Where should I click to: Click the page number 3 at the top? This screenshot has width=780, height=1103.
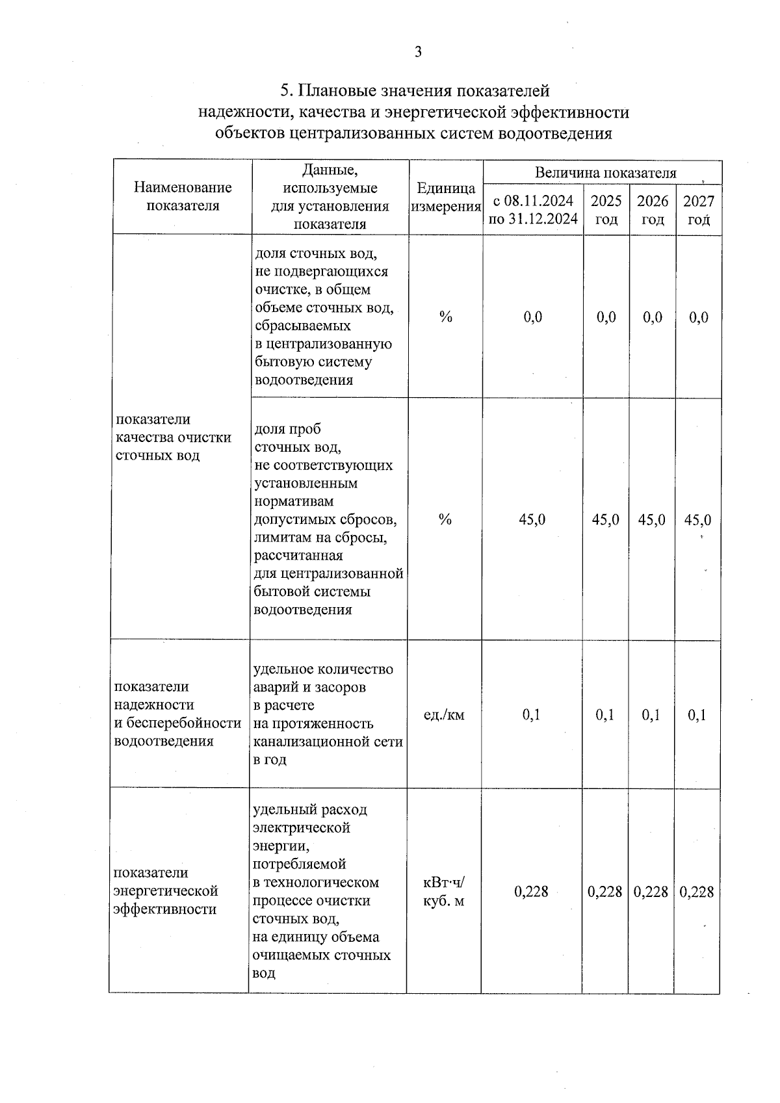[418, 52]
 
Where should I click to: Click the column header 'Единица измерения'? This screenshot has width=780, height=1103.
[446, 197]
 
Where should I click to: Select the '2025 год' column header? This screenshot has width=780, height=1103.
[606, 210]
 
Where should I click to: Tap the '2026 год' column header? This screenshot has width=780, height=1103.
[653, 210]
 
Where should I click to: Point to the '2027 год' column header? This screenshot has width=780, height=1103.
[699, 210]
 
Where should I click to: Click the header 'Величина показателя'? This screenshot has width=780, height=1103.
[605, 173]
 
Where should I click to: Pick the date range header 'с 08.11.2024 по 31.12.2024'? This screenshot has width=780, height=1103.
[533, 210]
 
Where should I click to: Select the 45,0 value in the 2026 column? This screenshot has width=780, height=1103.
[652, 520]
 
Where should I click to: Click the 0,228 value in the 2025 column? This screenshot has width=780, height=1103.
[605, 892]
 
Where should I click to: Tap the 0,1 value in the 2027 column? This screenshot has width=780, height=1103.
[697, 715]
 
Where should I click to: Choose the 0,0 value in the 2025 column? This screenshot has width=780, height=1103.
[606, 317]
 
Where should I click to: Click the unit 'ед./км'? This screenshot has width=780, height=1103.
[444, 715]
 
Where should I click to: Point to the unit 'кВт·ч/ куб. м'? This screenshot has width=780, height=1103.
[444, 892]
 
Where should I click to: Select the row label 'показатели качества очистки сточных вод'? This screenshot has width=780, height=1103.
[174, 437]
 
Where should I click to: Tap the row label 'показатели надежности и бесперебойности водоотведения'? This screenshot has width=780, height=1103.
[177, 714]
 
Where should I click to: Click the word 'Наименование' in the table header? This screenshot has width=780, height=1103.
[183, 188]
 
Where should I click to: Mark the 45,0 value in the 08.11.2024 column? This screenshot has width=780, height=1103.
[532, 520]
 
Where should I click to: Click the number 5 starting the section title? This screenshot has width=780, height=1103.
[284, 90]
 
